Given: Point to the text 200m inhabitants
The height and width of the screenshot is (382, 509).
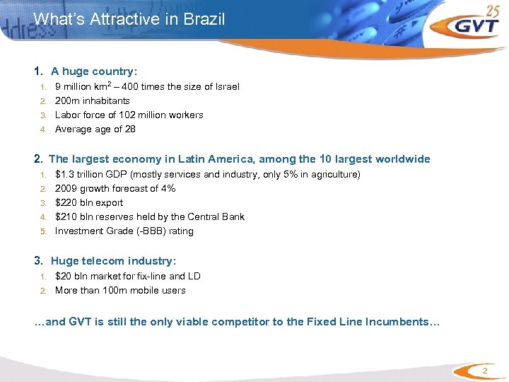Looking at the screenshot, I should point(93,100).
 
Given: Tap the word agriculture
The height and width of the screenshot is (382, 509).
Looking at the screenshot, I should point(334,174).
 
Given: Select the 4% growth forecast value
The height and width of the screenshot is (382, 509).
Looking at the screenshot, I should point(168,188).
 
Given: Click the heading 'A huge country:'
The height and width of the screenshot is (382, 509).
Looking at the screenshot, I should point(94,71).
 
